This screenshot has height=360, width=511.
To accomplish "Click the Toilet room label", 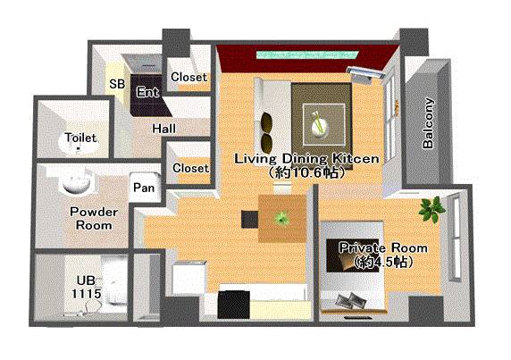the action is [x=80, y=138].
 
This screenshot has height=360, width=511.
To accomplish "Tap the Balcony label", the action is [x=429, y=123].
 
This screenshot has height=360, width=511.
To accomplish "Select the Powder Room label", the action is [x=94, y=219].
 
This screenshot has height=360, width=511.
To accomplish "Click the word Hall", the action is [x=164, y=129].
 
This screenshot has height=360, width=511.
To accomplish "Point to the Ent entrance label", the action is [x=148, y=92].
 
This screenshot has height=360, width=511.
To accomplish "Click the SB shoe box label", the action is [x=117, y=84].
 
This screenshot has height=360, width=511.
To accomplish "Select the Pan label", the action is [x=144, y=188].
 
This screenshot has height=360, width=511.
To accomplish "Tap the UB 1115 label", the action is [x=87, y=288].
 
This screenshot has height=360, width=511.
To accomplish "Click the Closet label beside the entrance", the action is [x=189, y=77].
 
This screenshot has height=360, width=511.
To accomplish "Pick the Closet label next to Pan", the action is [x=190, y=168].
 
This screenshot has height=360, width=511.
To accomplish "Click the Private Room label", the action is [x=383, y=248].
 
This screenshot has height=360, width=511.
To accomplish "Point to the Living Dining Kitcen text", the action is [x=306, y=159].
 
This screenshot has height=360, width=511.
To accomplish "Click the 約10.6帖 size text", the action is [x=306, y=172].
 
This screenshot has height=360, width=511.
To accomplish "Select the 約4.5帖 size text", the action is [x=383, y=262].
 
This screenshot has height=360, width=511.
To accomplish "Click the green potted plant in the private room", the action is [x=431, y=209].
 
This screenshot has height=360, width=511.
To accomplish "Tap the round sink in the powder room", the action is [x=76, y=182].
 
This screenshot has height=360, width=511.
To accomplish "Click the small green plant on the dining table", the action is [x=281, y=218].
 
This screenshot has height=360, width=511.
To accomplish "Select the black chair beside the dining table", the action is [x=250, y=219].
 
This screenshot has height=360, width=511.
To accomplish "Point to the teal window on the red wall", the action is [x=307, y=54].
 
